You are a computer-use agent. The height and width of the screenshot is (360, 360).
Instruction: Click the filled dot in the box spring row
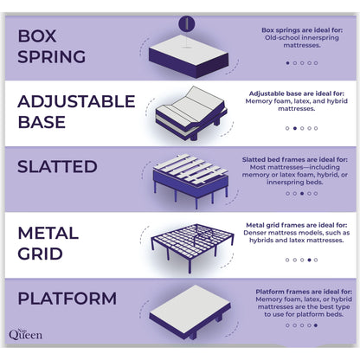(x=287, y=62)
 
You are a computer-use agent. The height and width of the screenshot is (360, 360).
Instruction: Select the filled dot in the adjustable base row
(x=294, y=127)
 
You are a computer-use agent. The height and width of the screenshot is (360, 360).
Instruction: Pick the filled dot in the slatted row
(x=301, y=192)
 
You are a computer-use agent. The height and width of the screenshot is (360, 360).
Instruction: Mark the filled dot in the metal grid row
(x=308, y=259)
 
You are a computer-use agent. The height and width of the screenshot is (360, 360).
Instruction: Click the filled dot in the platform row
(x=315, y=325)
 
